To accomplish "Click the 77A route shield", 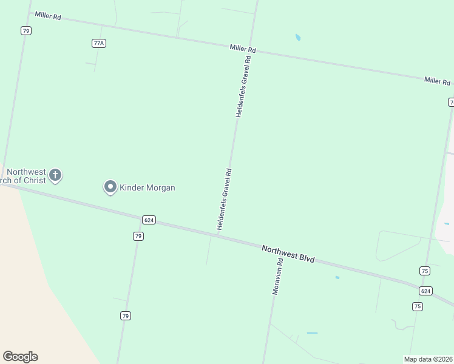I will click(x=99, y=43).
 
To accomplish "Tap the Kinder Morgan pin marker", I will click(x=110, y=187).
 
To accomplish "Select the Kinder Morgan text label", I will click(x=147, y=188).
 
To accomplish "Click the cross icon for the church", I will click(x=55, y=176).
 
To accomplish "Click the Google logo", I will click(x=20, y=357).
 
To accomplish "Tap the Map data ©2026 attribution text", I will click(x=428, y=359).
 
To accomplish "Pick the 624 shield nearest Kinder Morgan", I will click(x=149, y=220).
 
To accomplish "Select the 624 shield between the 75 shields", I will click(x=425, y=291).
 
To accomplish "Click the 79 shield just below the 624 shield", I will click(x=138, y=236).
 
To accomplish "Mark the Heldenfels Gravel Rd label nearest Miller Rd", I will click(x=243, y=86).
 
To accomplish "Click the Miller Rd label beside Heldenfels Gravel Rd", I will click(x=243, y=49).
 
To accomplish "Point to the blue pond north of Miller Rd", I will click(x=297, y=38).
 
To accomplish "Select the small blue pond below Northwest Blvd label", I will click(x=337, y=278).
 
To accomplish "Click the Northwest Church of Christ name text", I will click(x=27, y=177).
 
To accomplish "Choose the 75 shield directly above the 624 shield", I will click(x=424, y=271).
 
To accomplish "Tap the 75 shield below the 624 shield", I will click(x=417, y=306).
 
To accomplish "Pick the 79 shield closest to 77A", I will click(x=25, y=30).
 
